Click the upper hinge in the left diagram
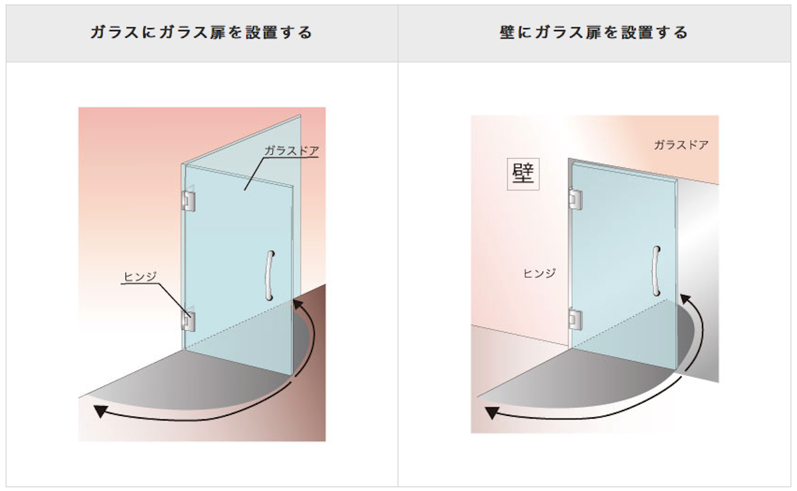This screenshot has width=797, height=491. coord(189,201)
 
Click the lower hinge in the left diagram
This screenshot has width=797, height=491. coord(188,321)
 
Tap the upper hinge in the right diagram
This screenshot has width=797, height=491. coord(575,199)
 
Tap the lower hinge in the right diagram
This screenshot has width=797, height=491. coord(575,320)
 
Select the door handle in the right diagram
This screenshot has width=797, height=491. coord(656,271)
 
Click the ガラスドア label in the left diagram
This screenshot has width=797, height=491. coord(292,151)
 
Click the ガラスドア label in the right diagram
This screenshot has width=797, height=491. coord(681,145)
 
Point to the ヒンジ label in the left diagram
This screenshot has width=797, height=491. coord(140,276)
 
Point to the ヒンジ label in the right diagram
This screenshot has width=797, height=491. coord(539,274)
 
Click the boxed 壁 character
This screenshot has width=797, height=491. coord(523,174)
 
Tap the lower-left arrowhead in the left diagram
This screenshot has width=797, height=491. coord(100,411)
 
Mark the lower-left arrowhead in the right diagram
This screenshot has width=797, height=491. coord(491,413)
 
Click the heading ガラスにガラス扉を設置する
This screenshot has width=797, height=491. coord(201,33)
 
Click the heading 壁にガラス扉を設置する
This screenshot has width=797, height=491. coord(594,33)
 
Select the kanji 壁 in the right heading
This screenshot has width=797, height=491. coord(507,33)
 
